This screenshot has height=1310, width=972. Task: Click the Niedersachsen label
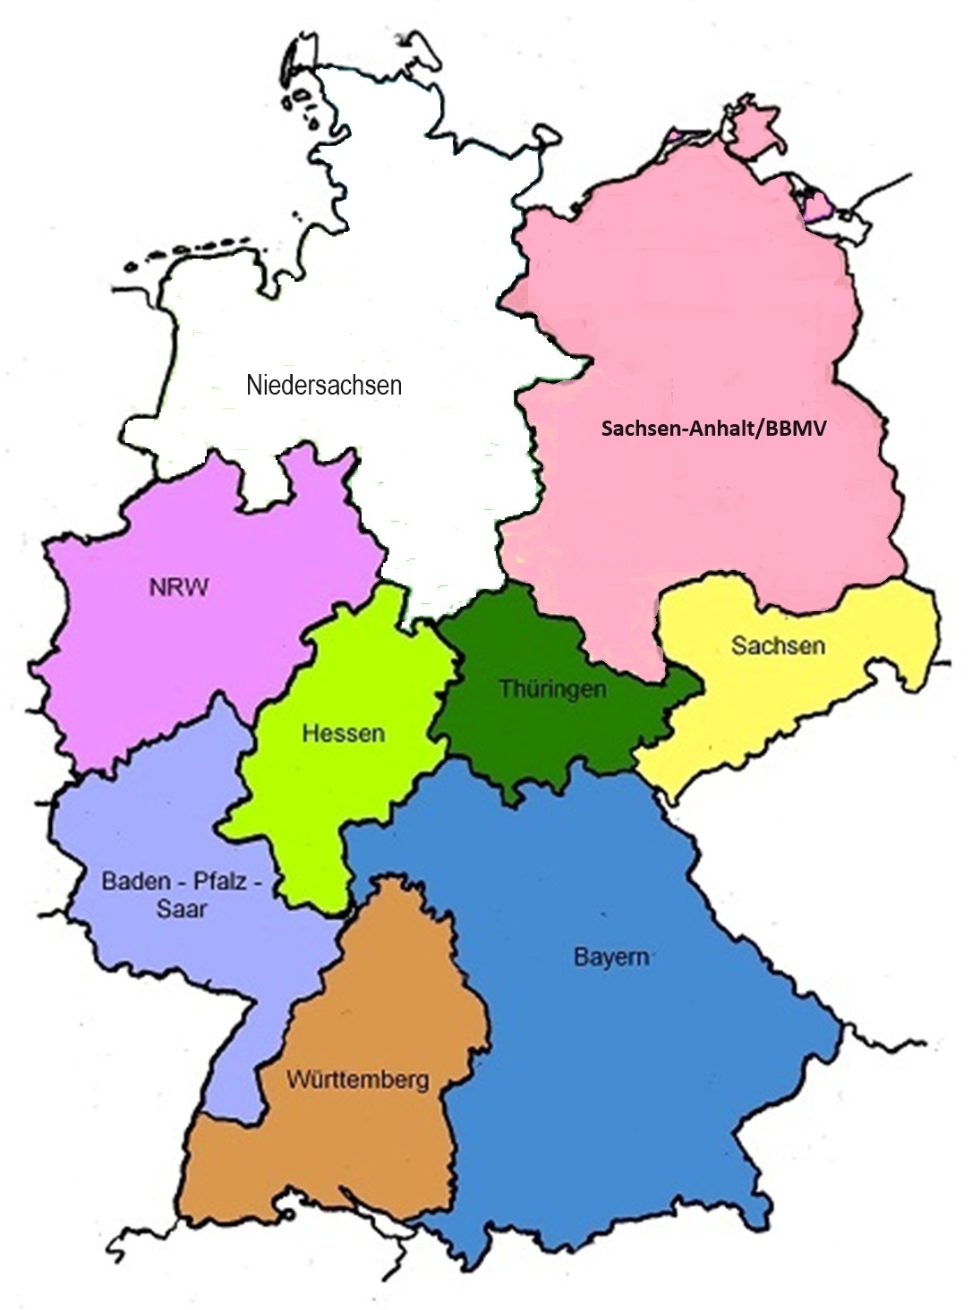point(324,386)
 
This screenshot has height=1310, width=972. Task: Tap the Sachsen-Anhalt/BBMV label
point(713,429)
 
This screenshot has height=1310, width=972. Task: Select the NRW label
point(179,588)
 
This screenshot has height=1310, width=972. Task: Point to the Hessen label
point(343,734)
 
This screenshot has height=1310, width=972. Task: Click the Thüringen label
point(552,689)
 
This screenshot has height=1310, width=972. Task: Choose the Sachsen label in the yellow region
point(778,645)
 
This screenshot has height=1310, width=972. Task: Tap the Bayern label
point(611,957)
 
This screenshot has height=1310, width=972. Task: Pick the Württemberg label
point(357,1080)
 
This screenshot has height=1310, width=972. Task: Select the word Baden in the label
point(135,880)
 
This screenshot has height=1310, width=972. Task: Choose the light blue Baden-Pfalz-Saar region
point(152,966)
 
